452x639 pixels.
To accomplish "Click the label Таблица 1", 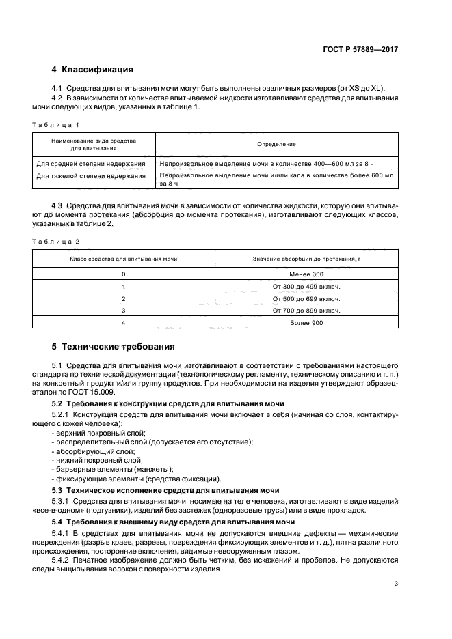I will pyautogui.click(x=56, y=124).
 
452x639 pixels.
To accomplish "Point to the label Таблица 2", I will pyautogui.click(x=56, y=242).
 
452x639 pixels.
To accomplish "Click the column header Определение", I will pyautogui.click(x=276, y=144).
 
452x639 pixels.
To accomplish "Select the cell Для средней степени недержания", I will pyautogui.click(x=91, y=164).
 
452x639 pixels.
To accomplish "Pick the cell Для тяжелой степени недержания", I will pyautogui.click(x=91, y=176).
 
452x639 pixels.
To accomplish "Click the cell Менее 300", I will pyautogui.click(x=306, y=274).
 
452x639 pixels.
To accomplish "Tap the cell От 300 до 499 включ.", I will pyautogui.click(x=306, y=286).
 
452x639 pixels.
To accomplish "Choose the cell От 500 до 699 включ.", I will pyautogui.click(x=306, y=298).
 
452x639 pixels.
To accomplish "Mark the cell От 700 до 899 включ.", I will pyautogui.click(x=306, y=311).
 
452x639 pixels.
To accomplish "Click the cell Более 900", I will pyautogui.click(x=306, y=323).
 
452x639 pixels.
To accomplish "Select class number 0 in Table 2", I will pyautogui.click(x=124, y=274).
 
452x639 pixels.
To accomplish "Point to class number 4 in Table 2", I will pyautogui.click(x=124, y=323).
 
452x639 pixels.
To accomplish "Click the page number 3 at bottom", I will pyautogui.click(x=397, y=583).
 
